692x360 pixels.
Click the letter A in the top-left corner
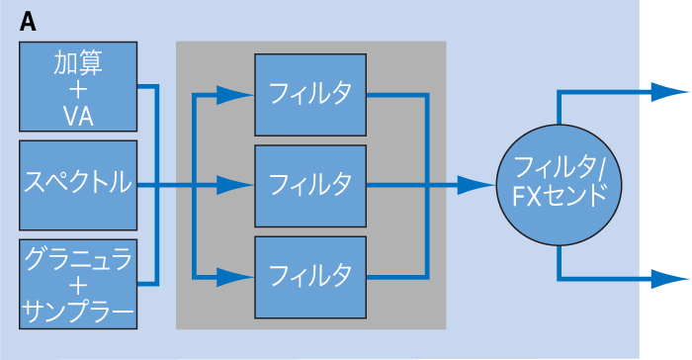click(x=29, y=23)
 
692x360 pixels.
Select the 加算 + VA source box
click(x=77, y=89)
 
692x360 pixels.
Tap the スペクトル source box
click(x=77, y=184)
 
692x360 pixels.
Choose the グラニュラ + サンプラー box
click(x=77, y=284)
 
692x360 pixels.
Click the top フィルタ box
click(x=309, y=95)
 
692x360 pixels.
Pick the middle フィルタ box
click(x=309, y=185)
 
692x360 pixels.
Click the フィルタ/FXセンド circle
click(x=560, y=184)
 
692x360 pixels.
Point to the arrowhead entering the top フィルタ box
click(x=235, y=95)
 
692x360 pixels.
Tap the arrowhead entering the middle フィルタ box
click(x=235, y=185)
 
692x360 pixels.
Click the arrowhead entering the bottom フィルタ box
click(x=235, y=274)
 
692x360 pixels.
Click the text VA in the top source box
click(x=77, y=118)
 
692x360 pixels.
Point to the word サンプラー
click(x=77, y=315)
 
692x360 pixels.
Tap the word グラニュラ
click(x=77, y=258)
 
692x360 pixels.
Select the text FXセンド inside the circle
click(x=560, y=197)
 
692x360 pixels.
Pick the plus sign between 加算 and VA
click(x=77, y=90)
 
